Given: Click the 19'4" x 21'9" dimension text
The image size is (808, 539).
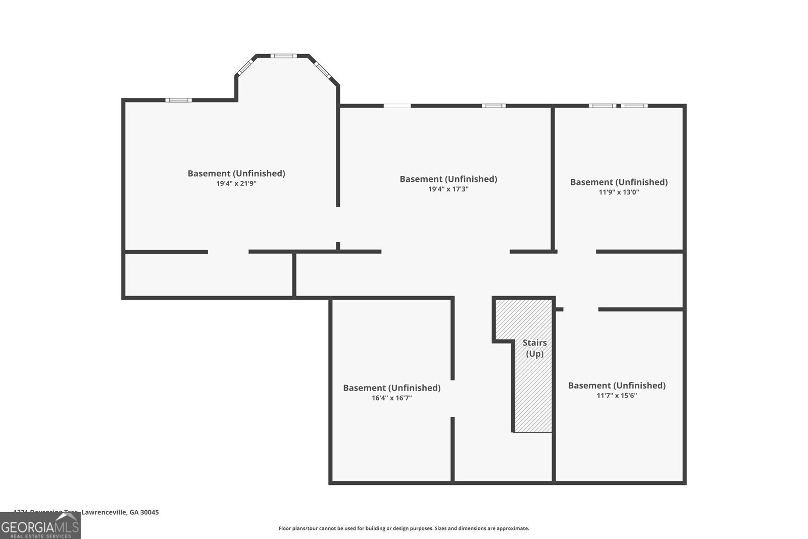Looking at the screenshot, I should point(236,184).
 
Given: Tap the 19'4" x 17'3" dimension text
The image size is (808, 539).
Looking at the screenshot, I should point(448,189).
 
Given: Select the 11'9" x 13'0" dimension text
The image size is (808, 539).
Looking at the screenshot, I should point(619,192).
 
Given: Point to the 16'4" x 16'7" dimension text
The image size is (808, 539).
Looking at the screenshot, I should point(391,398).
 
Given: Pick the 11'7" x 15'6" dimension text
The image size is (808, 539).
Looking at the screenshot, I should point(617,396).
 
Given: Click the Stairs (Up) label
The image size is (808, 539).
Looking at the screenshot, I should point(534,348).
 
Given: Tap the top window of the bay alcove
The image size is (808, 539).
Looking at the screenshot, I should point(282,56).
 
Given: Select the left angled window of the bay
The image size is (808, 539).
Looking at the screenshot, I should point(245,66).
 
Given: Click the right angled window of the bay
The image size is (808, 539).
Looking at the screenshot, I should point(322,70).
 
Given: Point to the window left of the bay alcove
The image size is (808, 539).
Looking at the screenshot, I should point(179,100).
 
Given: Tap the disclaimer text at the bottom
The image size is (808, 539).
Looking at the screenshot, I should point(403,528).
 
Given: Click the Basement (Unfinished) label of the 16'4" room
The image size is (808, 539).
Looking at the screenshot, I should point(391,388).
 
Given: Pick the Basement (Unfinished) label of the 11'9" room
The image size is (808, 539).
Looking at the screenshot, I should point(619,182).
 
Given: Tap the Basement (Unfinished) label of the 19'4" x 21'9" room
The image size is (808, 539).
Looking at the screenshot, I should point(236,173).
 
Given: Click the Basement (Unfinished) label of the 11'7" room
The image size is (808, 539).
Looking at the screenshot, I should point(617,385).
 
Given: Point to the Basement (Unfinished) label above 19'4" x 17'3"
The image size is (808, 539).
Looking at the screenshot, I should point(448,179).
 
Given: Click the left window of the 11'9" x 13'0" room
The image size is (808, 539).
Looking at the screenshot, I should point(602,106).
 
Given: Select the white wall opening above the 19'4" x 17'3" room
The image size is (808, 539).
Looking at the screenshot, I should point(397,106).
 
